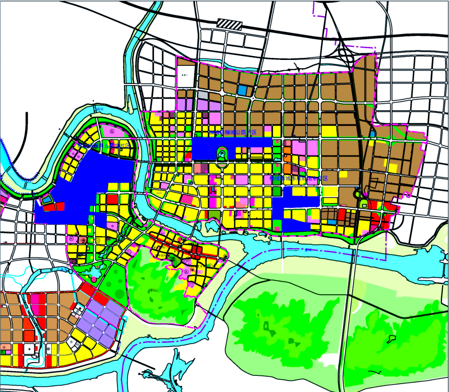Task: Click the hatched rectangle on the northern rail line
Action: click(230, 24)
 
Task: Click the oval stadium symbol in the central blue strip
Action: click(222, 155)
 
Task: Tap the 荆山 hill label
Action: click(154, 290)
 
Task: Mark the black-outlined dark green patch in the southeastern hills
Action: click(392, 338)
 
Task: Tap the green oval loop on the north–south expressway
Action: click(364, 203)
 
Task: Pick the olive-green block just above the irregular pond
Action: click(214, 215)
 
